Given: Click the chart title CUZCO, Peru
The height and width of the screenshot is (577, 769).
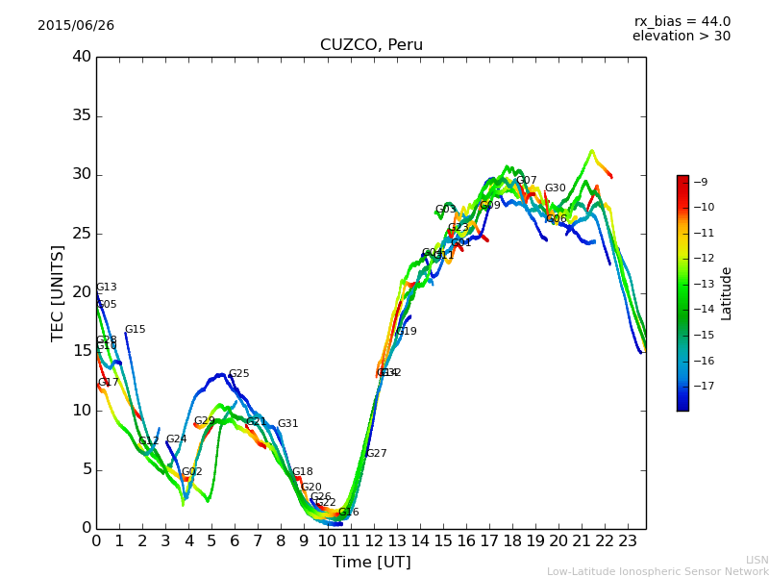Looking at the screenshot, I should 371,45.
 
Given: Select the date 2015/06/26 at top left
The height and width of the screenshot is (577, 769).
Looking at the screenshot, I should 76,26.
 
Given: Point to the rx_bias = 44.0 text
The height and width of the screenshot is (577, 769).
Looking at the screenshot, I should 682,21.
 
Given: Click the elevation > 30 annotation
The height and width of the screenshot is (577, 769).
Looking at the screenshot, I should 681,37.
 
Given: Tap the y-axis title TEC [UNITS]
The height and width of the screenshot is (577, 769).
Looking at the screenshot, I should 58,292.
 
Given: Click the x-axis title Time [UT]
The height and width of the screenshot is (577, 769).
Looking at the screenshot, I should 371,563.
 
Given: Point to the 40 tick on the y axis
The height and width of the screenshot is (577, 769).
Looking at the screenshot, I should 82,57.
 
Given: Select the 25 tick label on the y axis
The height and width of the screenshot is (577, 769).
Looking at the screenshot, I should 82,234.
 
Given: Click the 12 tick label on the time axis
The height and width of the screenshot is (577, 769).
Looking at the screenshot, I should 373,541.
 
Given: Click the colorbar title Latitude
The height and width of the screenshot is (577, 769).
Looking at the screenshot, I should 727,292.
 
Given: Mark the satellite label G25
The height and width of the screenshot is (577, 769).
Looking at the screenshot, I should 238,374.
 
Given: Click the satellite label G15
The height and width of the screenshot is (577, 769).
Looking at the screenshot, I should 135,330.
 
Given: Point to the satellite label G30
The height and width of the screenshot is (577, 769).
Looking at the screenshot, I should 555,188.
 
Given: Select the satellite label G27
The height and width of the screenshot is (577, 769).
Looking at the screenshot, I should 376,454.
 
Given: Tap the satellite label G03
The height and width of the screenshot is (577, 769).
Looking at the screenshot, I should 445,210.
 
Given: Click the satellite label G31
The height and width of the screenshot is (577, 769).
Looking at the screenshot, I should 287,424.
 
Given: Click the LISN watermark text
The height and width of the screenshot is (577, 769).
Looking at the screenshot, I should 757,560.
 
